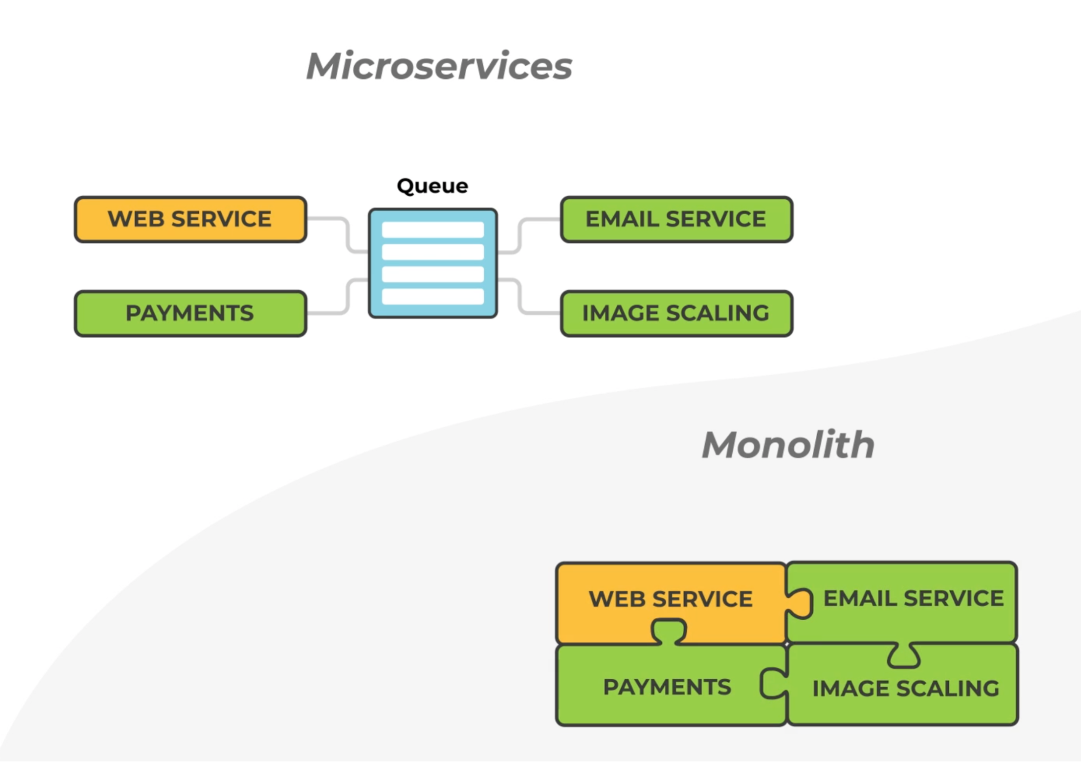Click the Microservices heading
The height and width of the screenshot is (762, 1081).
[x=439, y=67]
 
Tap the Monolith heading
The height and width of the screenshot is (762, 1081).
[x=788, y=445]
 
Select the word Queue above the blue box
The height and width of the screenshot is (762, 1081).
[x=432, y=186]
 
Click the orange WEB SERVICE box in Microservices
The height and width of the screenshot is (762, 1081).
[x=190, y=220]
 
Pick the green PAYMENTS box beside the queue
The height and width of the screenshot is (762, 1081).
[x=190, y=314]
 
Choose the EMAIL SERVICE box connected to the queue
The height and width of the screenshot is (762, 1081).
[x=677, y=220]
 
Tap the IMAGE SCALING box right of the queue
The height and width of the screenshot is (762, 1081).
[x=677, y=314]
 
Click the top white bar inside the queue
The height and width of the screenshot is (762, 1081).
[x=433, y=230]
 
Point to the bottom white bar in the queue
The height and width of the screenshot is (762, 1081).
[x=433, y=296]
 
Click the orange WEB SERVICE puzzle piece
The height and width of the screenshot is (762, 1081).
[x=671, y=599]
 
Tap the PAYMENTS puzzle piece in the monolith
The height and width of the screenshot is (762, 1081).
[x=667, y=687]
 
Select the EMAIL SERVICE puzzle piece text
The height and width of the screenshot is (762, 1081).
[x=913, y=599]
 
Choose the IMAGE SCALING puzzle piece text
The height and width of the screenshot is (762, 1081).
[x=906, y=688]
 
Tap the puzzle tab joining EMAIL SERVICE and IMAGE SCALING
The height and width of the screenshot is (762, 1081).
[x=904, y=656]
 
